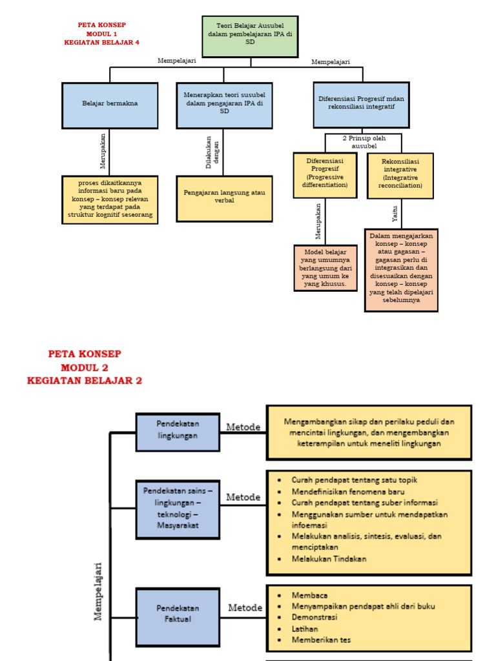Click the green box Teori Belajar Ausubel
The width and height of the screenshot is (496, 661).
coord(250,36)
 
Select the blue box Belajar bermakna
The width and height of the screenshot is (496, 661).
coord(110,105)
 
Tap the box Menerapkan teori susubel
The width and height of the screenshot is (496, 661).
coord(224,105)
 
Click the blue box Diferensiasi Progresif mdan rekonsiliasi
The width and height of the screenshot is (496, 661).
coord(361,104)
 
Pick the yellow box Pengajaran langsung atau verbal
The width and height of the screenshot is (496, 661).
coord(224,198)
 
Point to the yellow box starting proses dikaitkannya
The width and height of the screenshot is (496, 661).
coord(110,200)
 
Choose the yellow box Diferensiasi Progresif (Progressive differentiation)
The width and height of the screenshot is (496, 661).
coord(325,175)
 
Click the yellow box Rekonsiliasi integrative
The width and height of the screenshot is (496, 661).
coord(400,175)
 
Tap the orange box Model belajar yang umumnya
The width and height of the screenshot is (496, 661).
coord(325,268)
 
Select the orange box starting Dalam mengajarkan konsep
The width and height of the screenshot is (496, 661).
coord(401,270)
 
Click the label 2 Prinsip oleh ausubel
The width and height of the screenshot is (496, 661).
coord(363,142)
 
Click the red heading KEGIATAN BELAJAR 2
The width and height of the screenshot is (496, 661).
coord(85,381)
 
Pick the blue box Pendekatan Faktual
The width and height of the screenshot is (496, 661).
coord(178,613)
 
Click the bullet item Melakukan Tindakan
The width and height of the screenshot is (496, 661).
coord(329,559)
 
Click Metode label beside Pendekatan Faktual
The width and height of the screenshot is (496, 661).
coord(245,608)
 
